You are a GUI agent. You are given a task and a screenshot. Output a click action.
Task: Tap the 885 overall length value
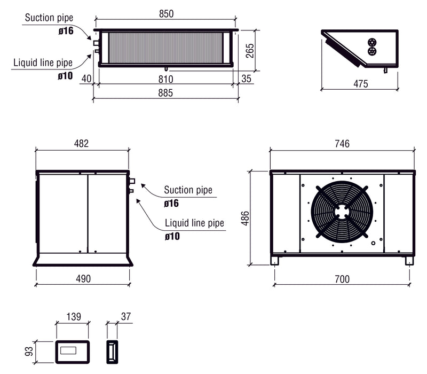tap(165, 93)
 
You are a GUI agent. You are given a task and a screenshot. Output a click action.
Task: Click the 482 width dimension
tap(81, 144)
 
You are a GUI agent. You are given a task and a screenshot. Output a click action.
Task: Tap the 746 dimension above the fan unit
tap(342, 144)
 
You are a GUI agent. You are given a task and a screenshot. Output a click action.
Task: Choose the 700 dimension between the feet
tap(342, 278)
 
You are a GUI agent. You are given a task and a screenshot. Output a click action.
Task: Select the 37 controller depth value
tap(126, 317)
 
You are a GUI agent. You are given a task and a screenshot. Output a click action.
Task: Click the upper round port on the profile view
tap(372, 42)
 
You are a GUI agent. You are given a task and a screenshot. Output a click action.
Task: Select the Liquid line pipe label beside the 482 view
tap(194, 223)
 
